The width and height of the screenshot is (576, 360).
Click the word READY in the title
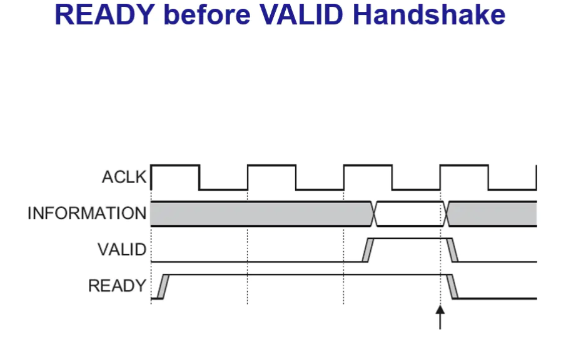click(101, 15)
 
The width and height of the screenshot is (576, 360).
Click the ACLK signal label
click(123, 177)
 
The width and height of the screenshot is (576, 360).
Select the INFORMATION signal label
click(86, 213)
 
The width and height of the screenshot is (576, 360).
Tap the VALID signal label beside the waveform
click(121, 250)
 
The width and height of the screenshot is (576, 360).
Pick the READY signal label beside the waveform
click(116, 286)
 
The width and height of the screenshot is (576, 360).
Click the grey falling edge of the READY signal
click(453, 286)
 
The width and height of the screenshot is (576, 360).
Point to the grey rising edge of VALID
click(368, 250)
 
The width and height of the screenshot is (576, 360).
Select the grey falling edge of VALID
click(453, 250)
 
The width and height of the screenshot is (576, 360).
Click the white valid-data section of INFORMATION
click(410, 214)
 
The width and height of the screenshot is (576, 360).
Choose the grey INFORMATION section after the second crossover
click(494, 214)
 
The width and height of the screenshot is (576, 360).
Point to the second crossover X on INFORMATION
click(447, 214)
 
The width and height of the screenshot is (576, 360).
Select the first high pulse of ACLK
click(175, 166)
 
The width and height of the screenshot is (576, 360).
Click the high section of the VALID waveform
click(410, 238)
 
